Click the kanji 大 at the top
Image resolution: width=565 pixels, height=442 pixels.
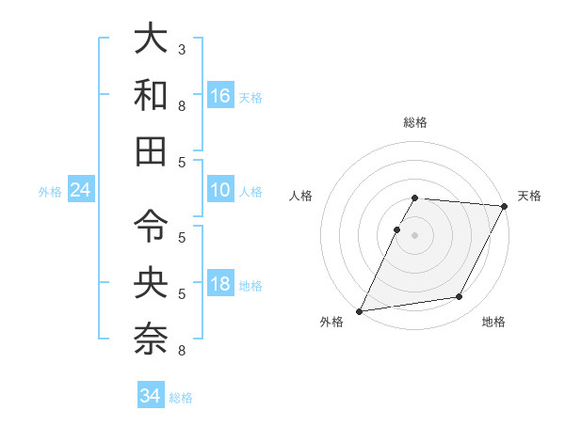(x=152, y=39)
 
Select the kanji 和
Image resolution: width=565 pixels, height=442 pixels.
(x=152, y=95)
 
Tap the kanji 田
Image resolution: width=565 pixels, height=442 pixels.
(x=152, y=151)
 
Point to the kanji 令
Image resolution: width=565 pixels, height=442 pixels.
(x=152, y=227)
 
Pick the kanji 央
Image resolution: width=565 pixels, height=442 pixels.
(x=152, y=283)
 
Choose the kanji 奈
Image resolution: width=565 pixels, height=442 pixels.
(x=152, y=339)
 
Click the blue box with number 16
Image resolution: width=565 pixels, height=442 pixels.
(x=220, y=95)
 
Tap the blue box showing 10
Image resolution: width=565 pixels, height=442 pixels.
(x=220, y=190)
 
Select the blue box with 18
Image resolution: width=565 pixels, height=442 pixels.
(x=220, y=285)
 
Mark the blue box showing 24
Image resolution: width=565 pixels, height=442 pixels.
(x=81, y=191)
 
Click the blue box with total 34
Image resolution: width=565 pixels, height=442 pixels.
(x=151, y=396)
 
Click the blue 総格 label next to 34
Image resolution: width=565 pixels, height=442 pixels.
(x=181, y=398)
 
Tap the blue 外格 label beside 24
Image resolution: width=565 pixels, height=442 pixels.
(x=50, y=192)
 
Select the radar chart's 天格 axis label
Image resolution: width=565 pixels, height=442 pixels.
(x=529, y=196)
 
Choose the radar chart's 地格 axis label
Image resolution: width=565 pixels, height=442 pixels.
(x=493, y=322)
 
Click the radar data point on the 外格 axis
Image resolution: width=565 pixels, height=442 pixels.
(x=359, y=311)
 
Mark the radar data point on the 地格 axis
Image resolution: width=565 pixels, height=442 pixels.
(x=460, y=297)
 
